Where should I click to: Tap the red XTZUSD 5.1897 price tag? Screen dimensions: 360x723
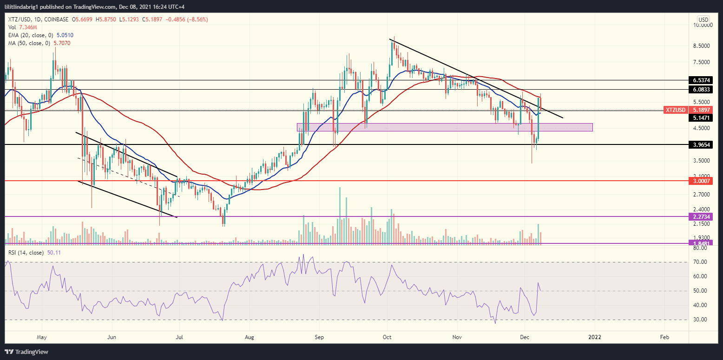tap(687, 110)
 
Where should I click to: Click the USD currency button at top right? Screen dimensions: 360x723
tap(703, 20)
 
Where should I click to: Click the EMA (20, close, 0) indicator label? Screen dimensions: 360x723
tap(28, 35)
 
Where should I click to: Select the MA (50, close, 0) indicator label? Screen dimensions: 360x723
tap(26, 43)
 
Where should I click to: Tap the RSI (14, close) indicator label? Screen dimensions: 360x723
tap(25, 253)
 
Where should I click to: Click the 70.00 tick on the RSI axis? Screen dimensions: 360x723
tap(700, 262)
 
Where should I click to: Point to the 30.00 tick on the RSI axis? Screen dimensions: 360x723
tap(700, 320)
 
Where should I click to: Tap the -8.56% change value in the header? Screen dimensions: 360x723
tap(196, 19)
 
